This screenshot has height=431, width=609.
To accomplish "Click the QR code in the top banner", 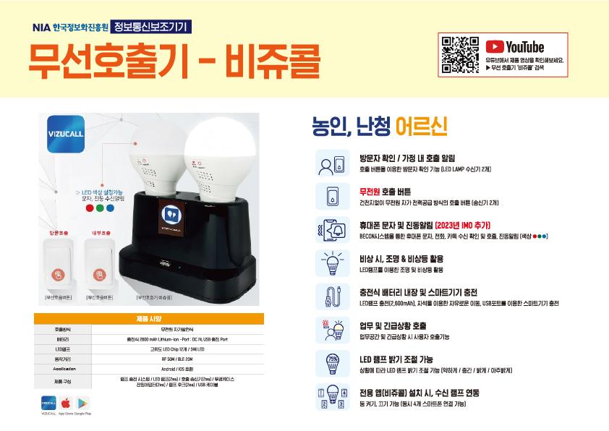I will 460,55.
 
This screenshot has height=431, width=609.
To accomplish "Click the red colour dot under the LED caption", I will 89,208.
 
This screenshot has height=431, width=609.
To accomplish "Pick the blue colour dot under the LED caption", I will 110,208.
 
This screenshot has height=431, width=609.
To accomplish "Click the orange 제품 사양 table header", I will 148,318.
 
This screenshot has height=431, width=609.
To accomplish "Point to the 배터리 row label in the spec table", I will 61,338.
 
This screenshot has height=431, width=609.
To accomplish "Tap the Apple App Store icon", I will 65,403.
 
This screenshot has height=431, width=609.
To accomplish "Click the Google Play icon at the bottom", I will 82,403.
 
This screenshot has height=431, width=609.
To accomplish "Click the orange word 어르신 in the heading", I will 421,128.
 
